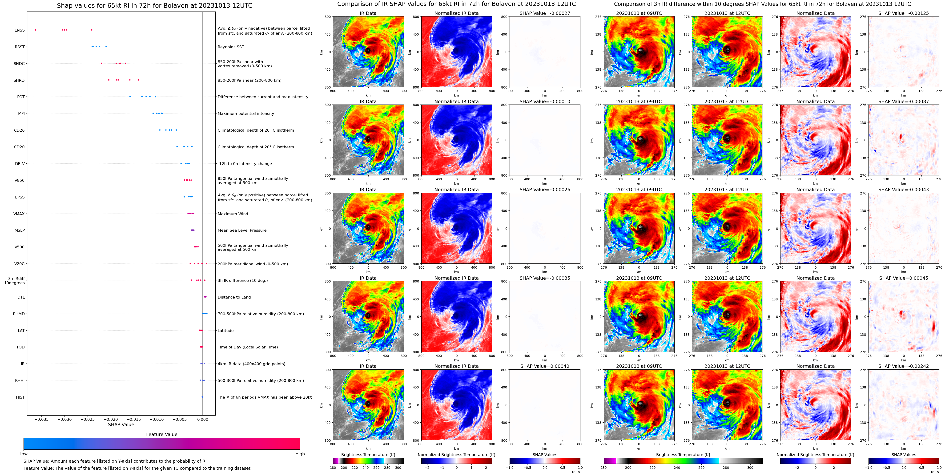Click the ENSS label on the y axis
pyautogui.click(x=20, y=30)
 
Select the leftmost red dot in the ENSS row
pyautogui.click(x=36, y=30)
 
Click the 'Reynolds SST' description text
pyautogui.click(x=231, y=47)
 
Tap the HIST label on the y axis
pyautogui.click(x=20, y=397)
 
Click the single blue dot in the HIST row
pyautogui.click(x=202, y=397)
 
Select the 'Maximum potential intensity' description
pyautogui.click(x=246, y=113)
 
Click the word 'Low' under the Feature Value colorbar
pyautogui.click(x=24, y=454)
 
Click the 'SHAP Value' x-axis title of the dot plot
pyautogui.click(x=121, y=424)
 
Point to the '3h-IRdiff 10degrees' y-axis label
pyautogui.click(x=15, y=281)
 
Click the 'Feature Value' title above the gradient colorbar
pyautogui.click(x=161, y=434)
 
